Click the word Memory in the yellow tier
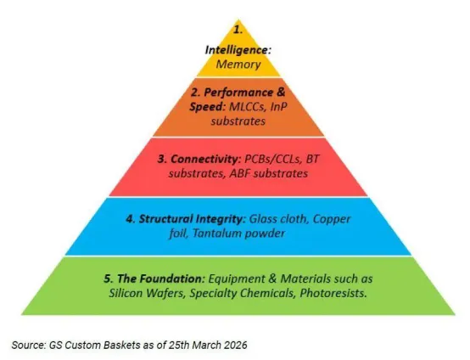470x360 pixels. tap(238, 65)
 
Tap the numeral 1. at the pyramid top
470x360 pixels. tap(238, 30)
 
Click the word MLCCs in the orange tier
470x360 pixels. tap(247, 107)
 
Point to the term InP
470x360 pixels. tap(279, 107)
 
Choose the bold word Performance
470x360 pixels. tap(238, 93)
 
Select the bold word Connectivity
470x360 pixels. tap(205, 159)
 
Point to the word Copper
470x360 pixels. tap(332, 220)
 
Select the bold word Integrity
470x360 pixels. tap(221, 220)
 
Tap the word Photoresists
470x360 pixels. tap(333, 293)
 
